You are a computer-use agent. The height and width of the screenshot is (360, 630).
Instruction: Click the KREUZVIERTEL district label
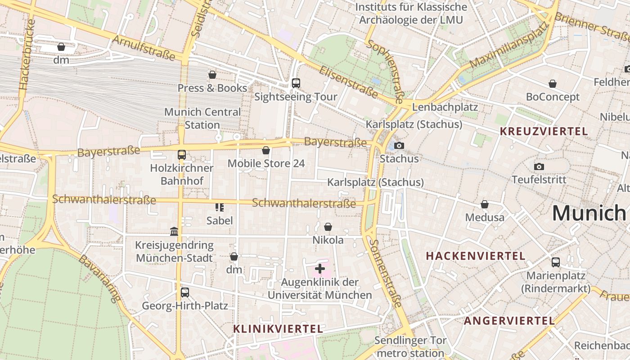coord(544,131)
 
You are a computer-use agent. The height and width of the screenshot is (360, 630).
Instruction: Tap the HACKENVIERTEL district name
coord(476,256)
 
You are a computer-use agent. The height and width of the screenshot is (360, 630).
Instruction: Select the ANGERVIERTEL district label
coord(509,321)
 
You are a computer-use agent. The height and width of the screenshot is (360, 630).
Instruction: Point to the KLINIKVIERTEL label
coord(278,329)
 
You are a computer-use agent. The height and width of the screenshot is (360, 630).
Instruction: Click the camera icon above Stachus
coord(399,145)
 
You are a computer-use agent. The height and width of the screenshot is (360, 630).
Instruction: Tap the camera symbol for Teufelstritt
coord(539,166)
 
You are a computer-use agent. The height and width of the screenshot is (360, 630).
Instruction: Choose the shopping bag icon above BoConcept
coord(553,84)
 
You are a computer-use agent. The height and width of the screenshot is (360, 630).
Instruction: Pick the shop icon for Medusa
coord(485,204)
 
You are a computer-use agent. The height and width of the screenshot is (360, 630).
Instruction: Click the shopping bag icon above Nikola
coord(328,227)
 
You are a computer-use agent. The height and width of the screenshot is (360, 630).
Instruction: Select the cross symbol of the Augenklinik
coord(320,269)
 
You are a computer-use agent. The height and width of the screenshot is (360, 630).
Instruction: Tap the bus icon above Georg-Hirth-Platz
coord(185,292)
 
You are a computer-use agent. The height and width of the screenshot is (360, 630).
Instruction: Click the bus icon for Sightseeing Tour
coord(296,83)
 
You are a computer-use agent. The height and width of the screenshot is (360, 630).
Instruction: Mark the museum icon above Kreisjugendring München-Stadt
coord(174,232)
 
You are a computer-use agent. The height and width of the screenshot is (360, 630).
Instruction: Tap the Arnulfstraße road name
coord(143,48)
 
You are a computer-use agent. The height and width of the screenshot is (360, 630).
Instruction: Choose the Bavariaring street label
coord(100,278)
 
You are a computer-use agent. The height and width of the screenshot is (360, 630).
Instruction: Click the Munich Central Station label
coord(202,118)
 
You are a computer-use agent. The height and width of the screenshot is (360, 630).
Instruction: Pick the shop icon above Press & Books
coord(212,75)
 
